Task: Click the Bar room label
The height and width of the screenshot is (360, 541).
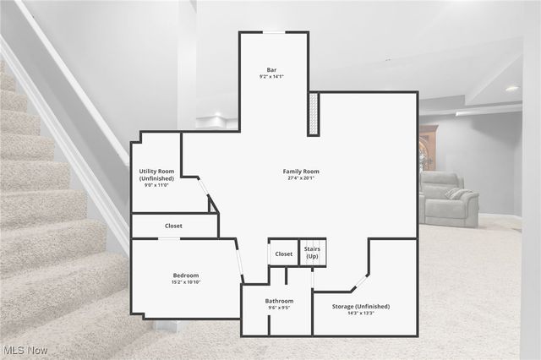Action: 271,69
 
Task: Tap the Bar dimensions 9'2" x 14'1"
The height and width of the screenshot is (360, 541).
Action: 271,77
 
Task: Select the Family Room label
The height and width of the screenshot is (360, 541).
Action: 300,172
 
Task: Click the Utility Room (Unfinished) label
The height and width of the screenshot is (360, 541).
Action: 156,175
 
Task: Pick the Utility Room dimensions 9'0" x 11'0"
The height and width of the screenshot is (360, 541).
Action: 156,186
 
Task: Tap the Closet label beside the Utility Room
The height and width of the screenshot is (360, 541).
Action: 173,226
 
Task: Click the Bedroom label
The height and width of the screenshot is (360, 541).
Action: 186,275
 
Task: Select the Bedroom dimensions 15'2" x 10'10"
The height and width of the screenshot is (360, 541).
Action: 186,283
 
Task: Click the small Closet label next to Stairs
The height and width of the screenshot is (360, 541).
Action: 284,254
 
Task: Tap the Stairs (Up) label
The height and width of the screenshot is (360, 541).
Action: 312,253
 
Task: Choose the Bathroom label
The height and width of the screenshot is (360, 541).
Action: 279,301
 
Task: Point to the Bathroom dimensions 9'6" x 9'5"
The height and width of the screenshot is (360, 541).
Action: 279,308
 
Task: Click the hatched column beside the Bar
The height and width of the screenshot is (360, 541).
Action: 314,114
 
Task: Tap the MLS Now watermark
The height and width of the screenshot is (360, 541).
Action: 25,350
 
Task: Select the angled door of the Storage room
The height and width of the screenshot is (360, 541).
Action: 360,281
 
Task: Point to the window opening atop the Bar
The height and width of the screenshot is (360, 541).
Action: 274,32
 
